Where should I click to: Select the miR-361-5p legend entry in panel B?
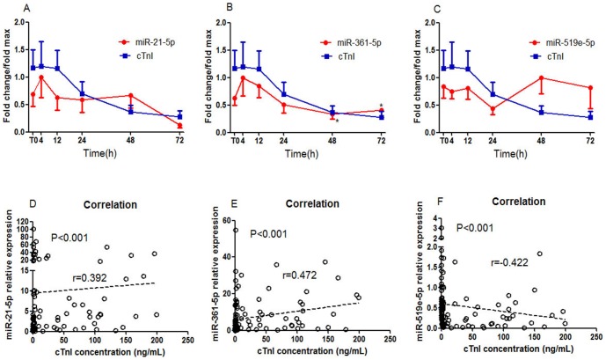[x=355, y=41]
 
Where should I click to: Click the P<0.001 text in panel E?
[x=273, y=233]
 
